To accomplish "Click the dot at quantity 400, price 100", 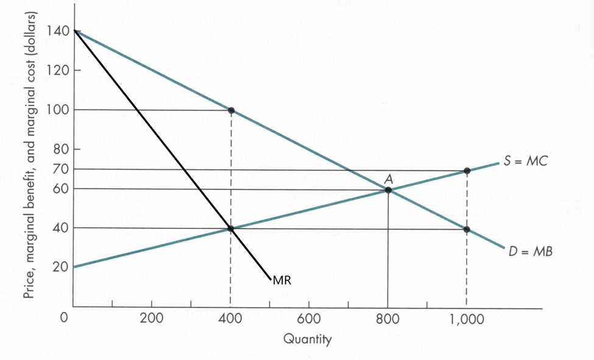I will [231, 110].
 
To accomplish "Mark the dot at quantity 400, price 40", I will [231, 228].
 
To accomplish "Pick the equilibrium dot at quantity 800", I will [387, 190].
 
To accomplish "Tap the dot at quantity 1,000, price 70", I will [467, 171].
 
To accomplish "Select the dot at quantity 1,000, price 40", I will [467, 229].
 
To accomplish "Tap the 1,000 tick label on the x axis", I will [466, 318].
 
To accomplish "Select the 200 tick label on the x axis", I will [152, 318].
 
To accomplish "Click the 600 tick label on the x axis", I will [309, 318].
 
